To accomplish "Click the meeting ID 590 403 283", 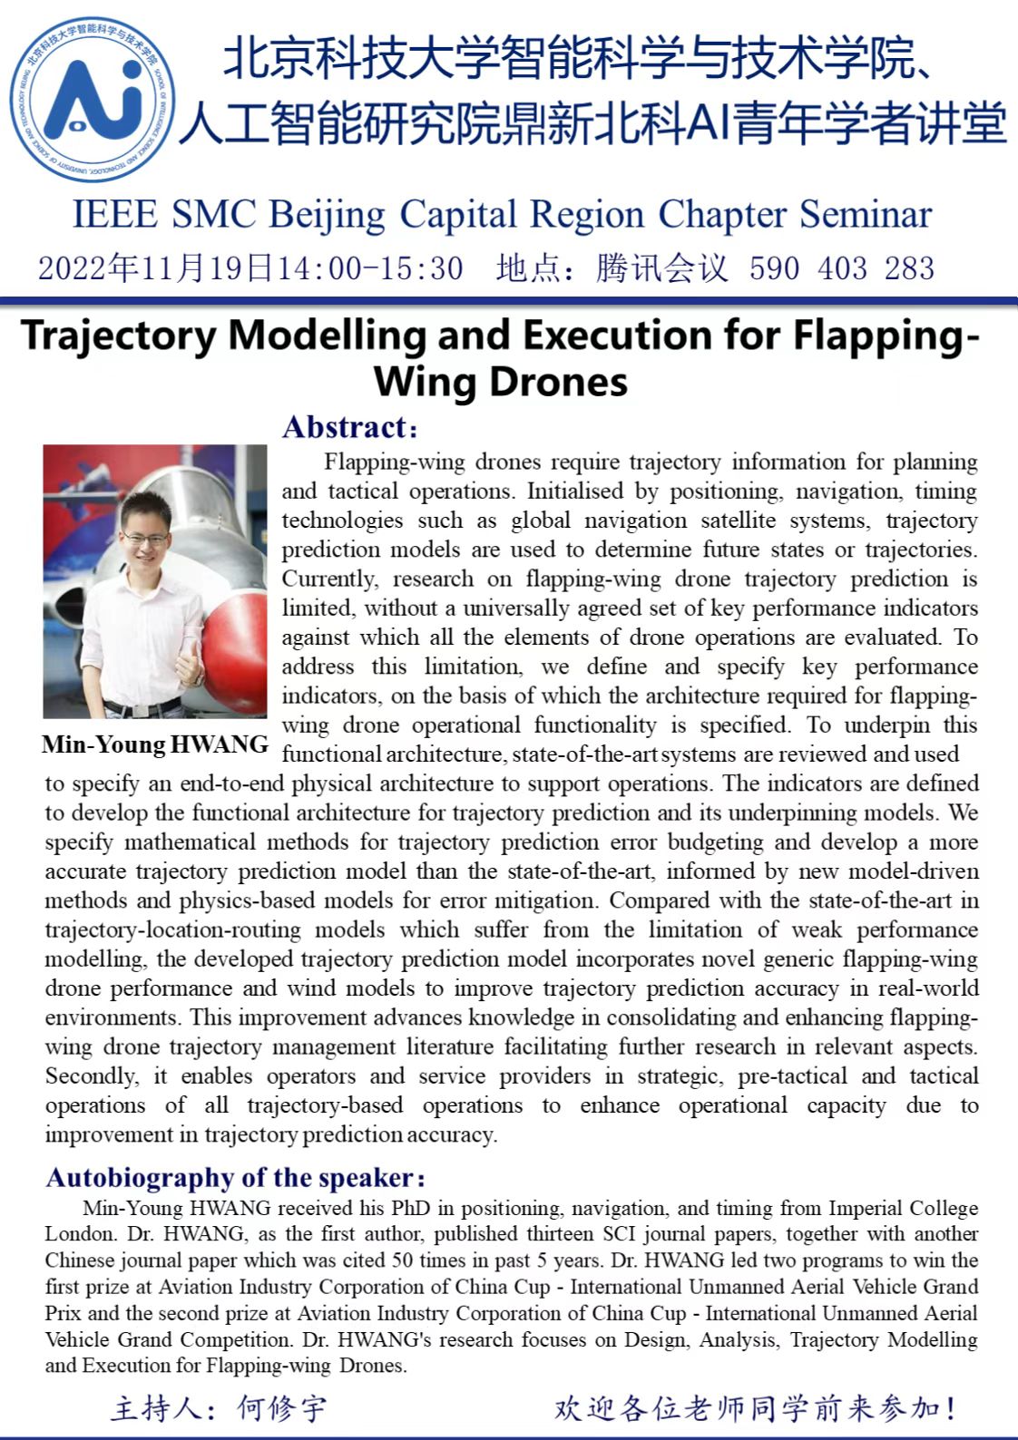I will click(x=841, y=268).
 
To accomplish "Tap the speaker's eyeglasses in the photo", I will click(x=145, y=538).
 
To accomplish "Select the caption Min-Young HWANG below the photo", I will click(x=155, y=745).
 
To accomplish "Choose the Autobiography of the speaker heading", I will click(x=234, y=1178).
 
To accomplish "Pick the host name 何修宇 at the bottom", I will click(x=281, y=1408).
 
